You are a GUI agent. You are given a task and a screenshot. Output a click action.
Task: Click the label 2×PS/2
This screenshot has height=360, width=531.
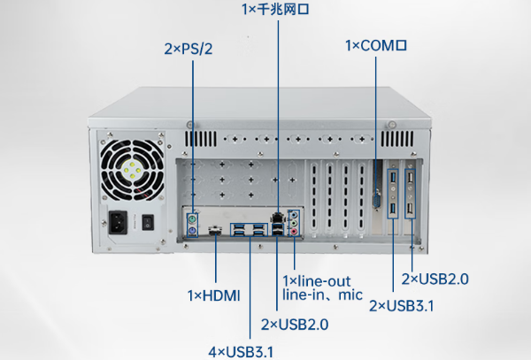[189, 50]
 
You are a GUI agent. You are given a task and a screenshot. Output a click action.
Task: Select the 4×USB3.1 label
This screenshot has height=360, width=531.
[241, 351]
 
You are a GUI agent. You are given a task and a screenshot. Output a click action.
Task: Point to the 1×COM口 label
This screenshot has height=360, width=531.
[375, 44]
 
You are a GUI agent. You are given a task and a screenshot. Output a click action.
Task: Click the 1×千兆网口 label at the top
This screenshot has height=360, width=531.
[277, 10]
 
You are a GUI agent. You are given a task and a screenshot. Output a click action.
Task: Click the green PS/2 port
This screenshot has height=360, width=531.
[191, 218]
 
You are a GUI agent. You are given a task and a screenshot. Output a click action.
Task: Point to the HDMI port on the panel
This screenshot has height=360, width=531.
[215, 232]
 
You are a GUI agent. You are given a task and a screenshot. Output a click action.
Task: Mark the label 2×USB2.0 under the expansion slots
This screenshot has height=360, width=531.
[435, 280]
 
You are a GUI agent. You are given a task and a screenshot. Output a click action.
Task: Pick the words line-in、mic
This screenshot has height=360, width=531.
[322, 295]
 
